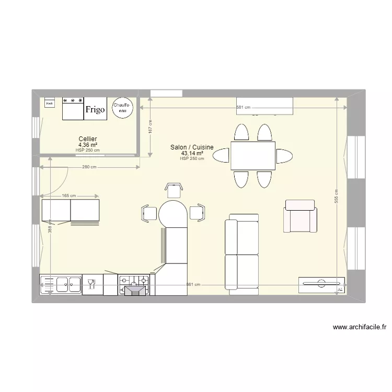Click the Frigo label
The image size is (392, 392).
pos(95,109)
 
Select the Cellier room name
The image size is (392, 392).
pos(87,139)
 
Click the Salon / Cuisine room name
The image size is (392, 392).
pos(192,147)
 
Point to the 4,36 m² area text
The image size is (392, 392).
pos(87,145)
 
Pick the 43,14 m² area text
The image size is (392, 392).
pos(192,153)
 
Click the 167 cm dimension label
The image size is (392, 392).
pos(150,128)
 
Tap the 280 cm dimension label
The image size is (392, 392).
pos(89,167)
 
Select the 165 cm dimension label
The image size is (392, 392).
pos(69,196)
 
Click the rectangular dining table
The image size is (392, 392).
pos(253,156)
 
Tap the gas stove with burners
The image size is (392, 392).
pos(134,285)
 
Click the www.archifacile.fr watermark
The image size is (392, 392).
pos(360,328)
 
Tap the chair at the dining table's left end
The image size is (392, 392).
pos(220,155)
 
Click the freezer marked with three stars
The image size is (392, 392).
pos(73,108)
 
